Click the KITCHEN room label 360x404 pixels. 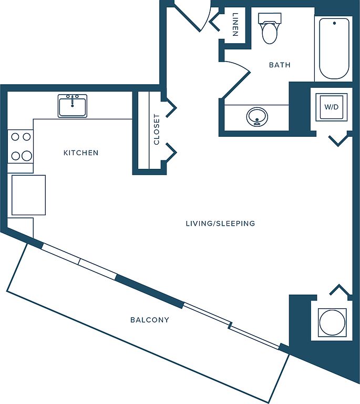[81, 153]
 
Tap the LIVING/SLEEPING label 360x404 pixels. [220, 224]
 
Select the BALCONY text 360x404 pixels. [150, 320]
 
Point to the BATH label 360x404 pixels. [280, 65]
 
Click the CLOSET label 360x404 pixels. [157, 129]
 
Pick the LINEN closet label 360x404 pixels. [235, 25]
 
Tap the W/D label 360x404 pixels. [332, 107]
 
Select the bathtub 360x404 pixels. [334, 48]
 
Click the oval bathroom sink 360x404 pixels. [257, 117]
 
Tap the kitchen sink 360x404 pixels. [73, 106]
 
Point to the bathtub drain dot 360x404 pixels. [334, 23]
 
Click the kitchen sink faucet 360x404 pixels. [73, 101]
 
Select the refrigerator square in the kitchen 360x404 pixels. [28, 195]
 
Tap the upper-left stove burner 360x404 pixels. [15, 137]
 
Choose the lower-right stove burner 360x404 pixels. [26, 156]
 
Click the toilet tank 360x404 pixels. [270, 18]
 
